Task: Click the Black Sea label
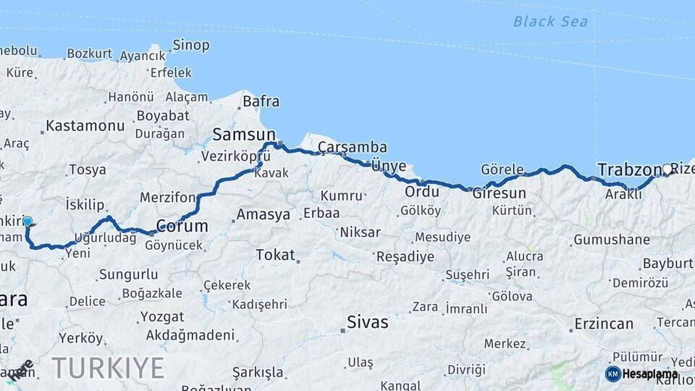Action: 550,22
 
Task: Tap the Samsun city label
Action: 244,134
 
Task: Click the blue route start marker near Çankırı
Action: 28,221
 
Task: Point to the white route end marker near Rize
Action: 667,169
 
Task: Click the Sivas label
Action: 367,322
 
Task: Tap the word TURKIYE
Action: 108,369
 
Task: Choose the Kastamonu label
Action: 85,126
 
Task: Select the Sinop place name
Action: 191,46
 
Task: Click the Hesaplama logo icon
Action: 613,374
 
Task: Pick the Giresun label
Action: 500,193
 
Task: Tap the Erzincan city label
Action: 604,324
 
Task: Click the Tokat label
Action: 276,255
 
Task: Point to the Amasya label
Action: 264,215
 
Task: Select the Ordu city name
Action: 422,193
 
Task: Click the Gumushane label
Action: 612,240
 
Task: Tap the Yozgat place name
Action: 162,316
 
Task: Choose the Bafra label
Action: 261,101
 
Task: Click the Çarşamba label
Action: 353,148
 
